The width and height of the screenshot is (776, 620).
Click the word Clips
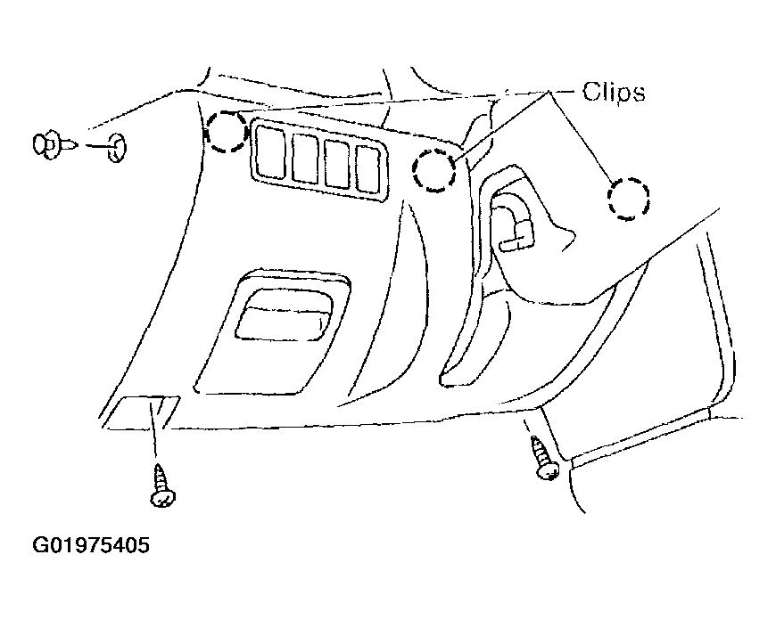click(x=614, y=92)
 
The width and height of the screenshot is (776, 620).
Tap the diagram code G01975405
click(x=91, y=545)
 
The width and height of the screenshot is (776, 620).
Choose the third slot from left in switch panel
click(x=337, y=164)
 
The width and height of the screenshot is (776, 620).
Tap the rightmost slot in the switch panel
click(x=367, y=169)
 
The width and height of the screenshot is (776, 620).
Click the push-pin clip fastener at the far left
click(x=54, y=145)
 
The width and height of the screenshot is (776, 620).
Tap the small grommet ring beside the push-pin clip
click(x=117, y=147)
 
